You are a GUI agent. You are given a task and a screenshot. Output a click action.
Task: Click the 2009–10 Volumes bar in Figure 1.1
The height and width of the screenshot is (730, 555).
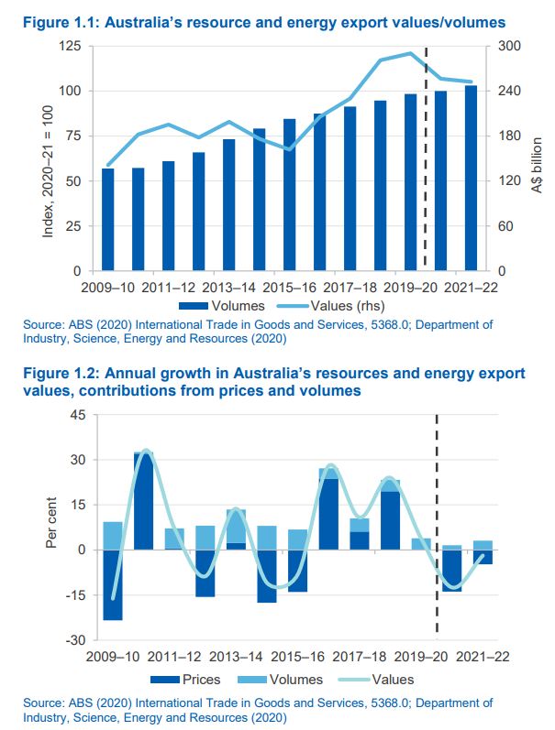108,220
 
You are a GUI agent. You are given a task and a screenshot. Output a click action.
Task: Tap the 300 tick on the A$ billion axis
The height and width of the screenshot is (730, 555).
509,46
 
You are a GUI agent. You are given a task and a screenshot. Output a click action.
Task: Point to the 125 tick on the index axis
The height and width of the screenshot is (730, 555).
71,46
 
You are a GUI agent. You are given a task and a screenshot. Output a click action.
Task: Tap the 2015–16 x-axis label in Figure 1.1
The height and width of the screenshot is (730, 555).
287,288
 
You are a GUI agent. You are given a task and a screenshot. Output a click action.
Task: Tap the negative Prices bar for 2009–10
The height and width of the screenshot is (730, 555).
113,584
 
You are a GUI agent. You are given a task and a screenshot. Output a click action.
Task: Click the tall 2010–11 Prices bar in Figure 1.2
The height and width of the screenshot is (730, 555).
143,502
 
